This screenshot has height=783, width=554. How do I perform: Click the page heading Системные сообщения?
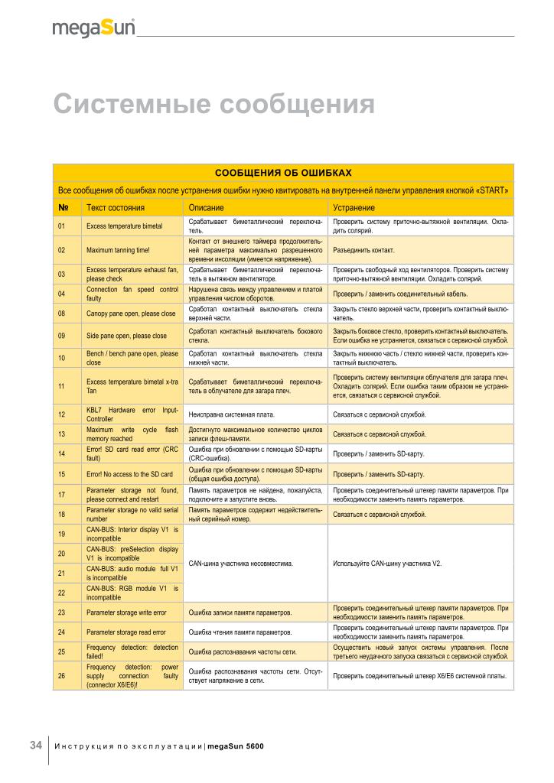(x=213, y=103)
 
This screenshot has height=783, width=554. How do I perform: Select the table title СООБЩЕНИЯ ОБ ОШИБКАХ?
(x=283, y=173)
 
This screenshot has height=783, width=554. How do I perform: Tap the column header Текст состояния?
(x=116, y=207)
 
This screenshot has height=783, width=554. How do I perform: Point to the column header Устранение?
(x=354, y=207)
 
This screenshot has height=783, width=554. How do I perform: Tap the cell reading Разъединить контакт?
(x=363, y=250)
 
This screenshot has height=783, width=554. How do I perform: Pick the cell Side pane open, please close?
(x=126, y=335)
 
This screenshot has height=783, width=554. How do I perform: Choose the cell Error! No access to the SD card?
(x=129, y=474)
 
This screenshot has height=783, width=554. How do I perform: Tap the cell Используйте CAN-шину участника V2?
(x=388, y=564)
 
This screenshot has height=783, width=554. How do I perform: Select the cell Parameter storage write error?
(x=126, y=612)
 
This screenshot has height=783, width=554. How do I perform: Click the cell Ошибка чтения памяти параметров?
(x=240, y=632)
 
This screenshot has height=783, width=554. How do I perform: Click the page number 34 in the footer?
(x=35, y=745)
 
